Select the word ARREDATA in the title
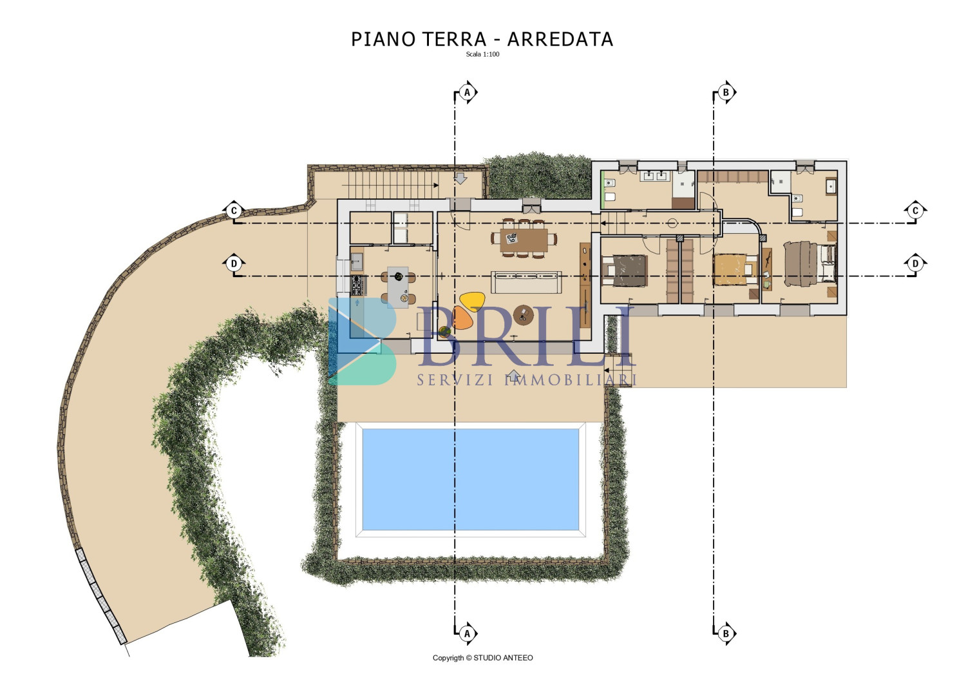(560, 39)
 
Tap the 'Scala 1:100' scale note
(482, 54)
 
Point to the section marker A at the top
(467, 92)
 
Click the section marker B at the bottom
(726, 633)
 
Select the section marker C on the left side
(234, 211)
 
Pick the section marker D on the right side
(915, 264)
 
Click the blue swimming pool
(471, 479)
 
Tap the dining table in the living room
(524, 240)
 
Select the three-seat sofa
(526, 283)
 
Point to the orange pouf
(462, 318)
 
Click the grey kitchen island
(397, 287)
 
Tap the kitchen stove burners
(357, 285)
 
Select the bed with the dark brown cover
(625, 271)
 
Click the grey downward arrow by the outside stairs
(461, 178)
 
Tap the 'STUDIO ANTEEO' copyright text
(503, 658)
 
